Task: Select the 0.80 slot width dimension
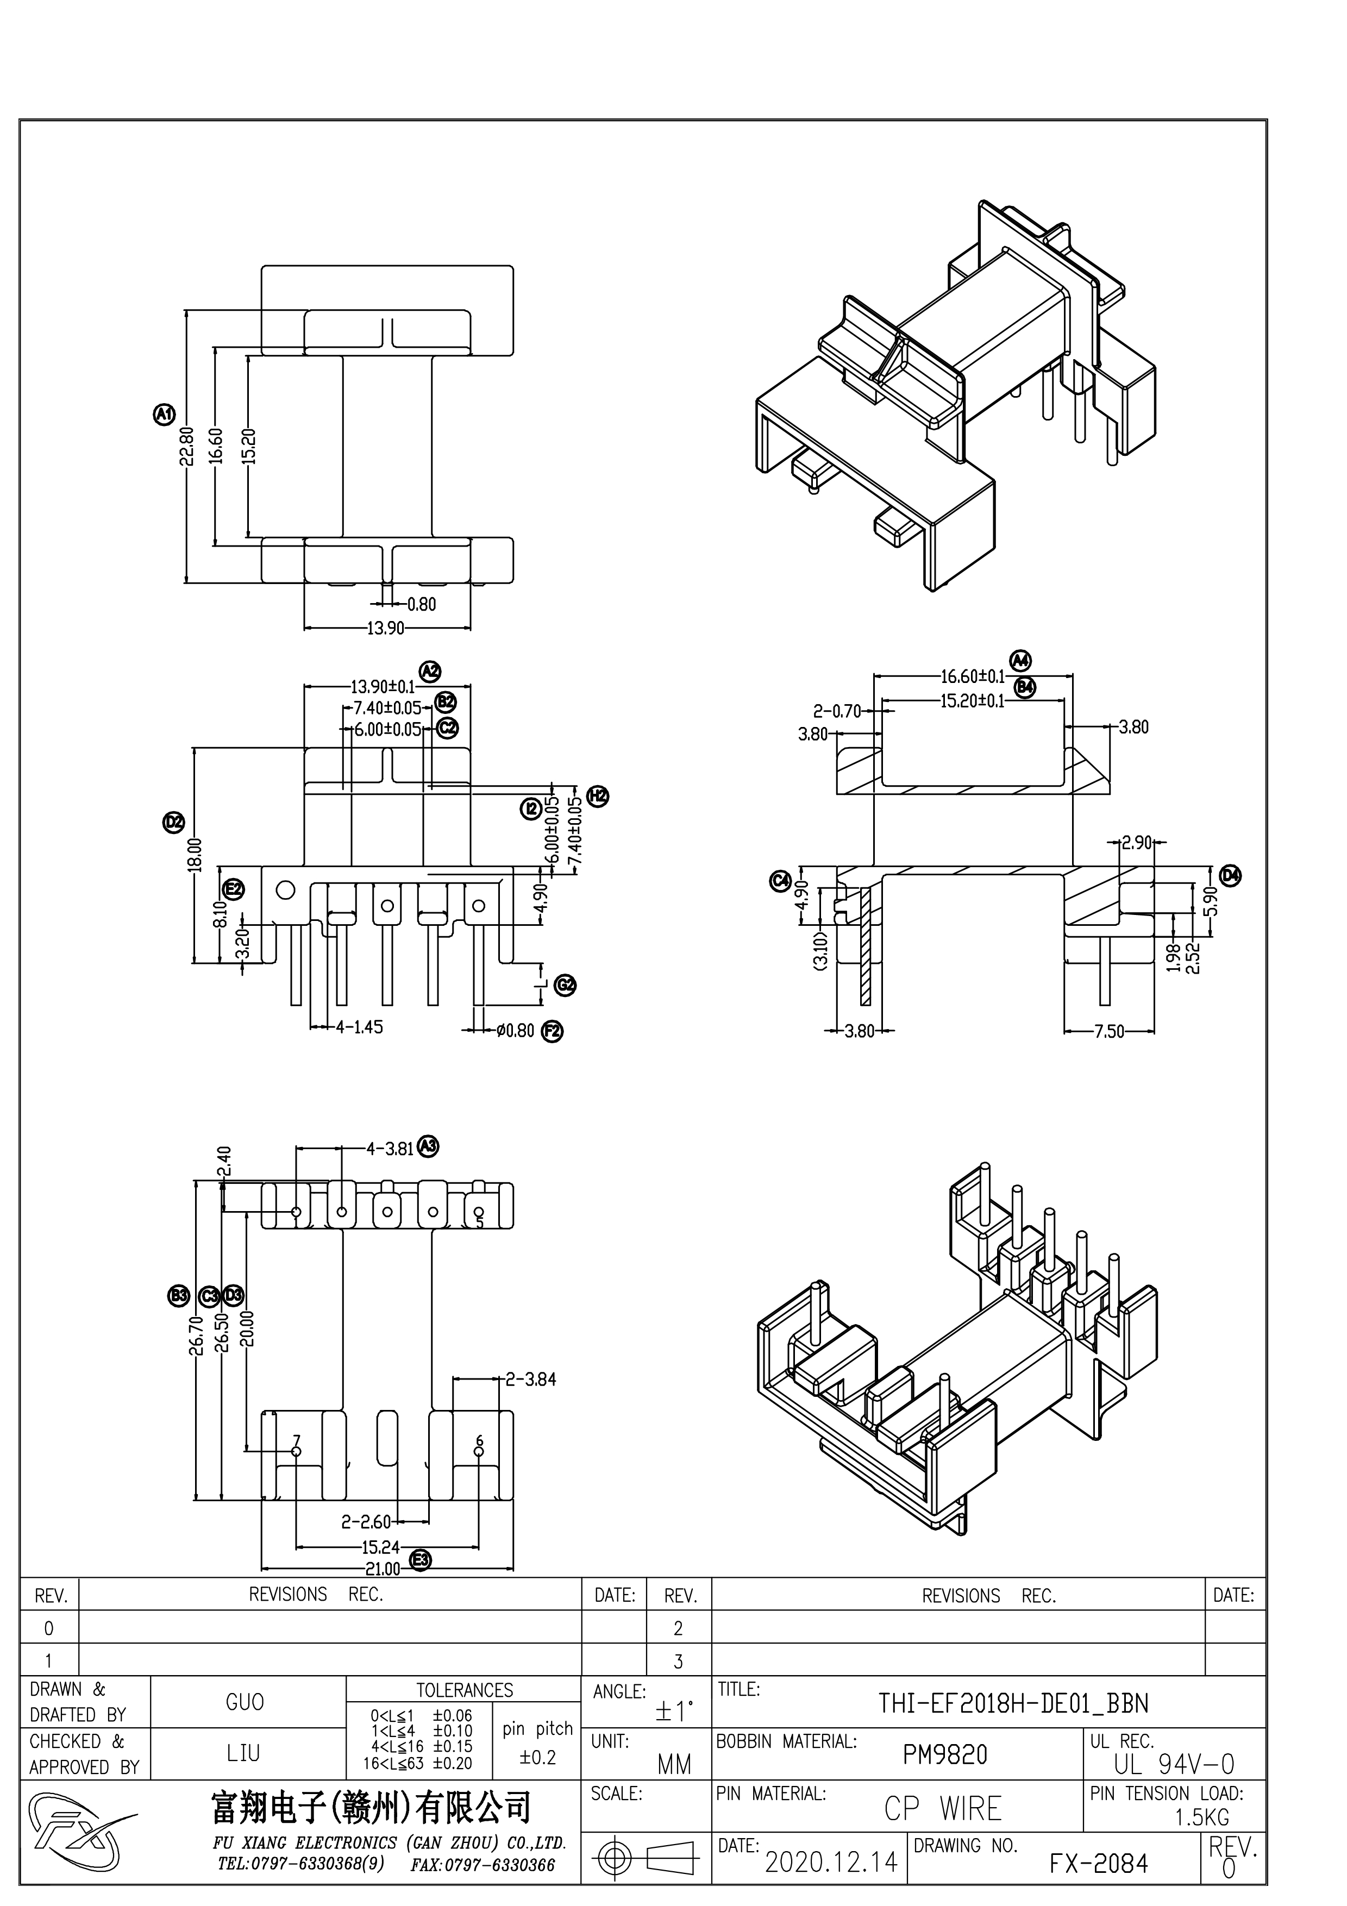pyautogui.click(x=421, y=604)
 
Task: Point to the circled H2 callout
pyautogui.click(x=598, y=796)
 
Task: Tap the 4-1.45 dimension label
pyautogui.click(x=359, y=1027)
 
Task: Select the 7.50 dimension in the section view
pyautogui.click(x=1109, y=1032)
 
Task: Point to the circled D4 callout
pyautogui.click(x=1230, y=874)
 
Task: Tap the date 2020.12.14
pyautogui.click(x=831, y=1862)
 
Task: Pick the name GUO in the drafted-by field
pyautogui.click(x=245, y=1703)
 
